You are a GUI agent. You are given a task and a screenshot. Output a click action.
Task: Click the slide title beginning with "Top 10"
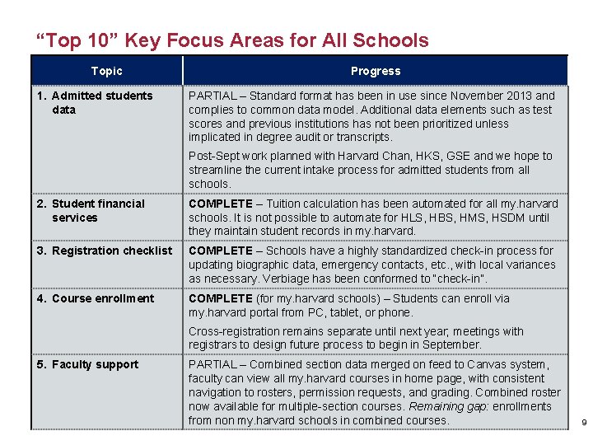[231, 40]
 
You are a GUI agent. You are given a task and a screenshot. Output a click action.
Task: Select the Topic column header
[106, 71]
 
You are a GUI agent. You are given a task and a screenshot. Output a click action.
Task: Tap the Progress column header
[375, 71]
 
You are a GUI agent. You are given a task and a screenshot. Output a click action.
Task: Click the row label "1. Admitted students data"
[95, 102]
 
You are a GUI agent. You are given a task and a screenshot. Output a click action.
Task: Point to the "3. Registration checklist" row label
[105, 251]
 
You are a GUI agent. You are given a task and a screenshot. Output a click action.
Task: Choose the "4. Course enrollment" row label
[96, 298]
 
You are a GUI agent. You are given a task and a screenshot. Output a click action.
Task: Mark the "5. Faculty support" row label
[88, 364]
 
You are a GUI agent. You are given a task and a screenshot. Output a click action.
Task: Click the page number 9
[584, 422]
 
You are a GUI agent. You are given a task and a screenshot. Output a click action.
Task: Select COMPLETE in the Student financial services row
[221, 204]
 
